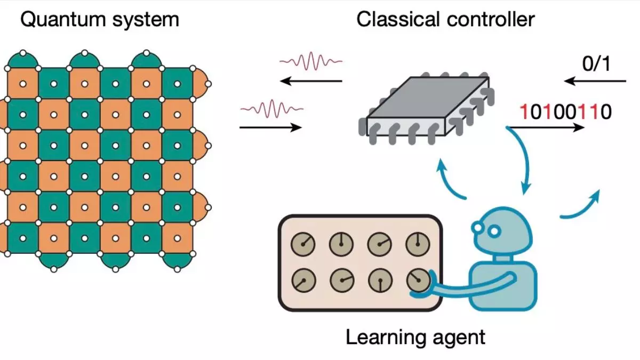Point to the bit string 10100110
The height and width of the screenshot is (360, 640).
click(566, 111)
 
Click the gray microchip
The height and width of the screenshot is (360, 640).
click(426, 109)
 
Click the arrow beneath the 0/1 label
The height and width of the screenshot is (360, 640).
click(595, 81)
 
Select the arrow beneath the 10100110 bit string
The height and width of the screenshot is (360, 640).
click(546, 127)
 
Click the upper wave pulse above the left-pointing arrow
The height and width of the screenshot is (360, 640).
click(311, 61)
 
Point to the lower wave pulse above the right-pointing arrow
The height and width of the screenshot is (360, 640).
click(271, 109)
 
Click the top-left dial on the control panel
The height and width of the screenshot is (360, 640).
click(303, 244)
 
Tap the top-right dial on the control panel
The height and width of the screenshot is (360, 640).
click(418, 244)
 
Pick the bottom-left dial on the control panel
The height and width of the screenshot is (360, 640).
click(303, 281)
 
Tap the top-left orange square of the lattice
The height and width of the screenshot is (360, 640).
click(23, 84)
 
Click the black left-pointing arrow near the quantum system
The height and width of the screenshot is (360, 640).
click(311, 81)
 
